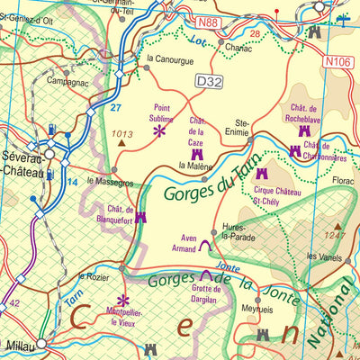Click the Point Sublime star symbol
159,131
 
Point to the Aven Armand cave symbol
205,244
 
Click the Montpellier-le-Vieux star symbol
123,301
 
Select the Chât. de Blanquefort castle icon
139,217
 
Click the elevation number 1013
121,133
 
